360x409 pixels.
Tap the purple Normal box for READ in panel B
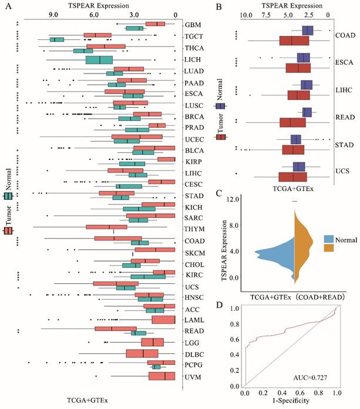307,112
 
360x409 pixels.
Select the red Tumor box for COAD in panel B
294,41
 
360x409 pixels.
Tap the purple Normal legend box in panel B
221,106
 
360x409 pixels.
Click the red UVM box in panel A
162,376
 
